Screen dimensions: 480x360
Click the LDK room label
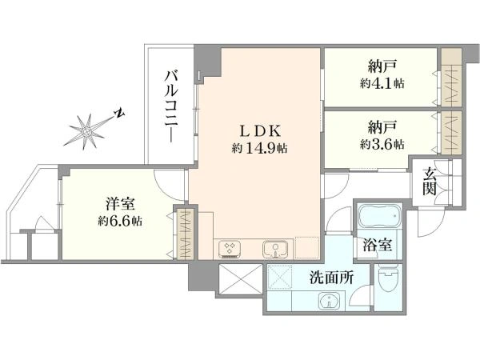point(259,131)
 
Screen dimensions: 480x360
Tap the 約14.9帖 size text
point(259,149)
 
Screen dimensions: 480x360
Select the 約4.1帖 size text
point(382,83)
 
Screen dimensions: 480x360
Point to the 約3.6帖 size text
point(382,143)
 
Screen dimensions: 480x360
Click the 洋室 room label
point(120,204)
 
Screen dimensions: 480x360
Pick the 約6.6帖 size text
point(120,221)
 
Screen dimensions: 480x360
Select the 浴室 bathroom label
point(377,245)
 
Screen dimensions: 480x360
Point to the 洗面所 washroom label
point(331,278)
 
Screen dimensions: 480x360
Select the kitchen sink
point(275,250)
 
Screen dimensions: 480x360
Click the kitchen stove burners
point(230,249)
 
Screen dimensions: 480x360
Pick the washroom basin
point(330,300)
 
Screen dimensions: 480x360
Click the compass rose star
point(87,132)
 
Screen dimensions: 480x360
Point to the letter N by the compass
point(120,113)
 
